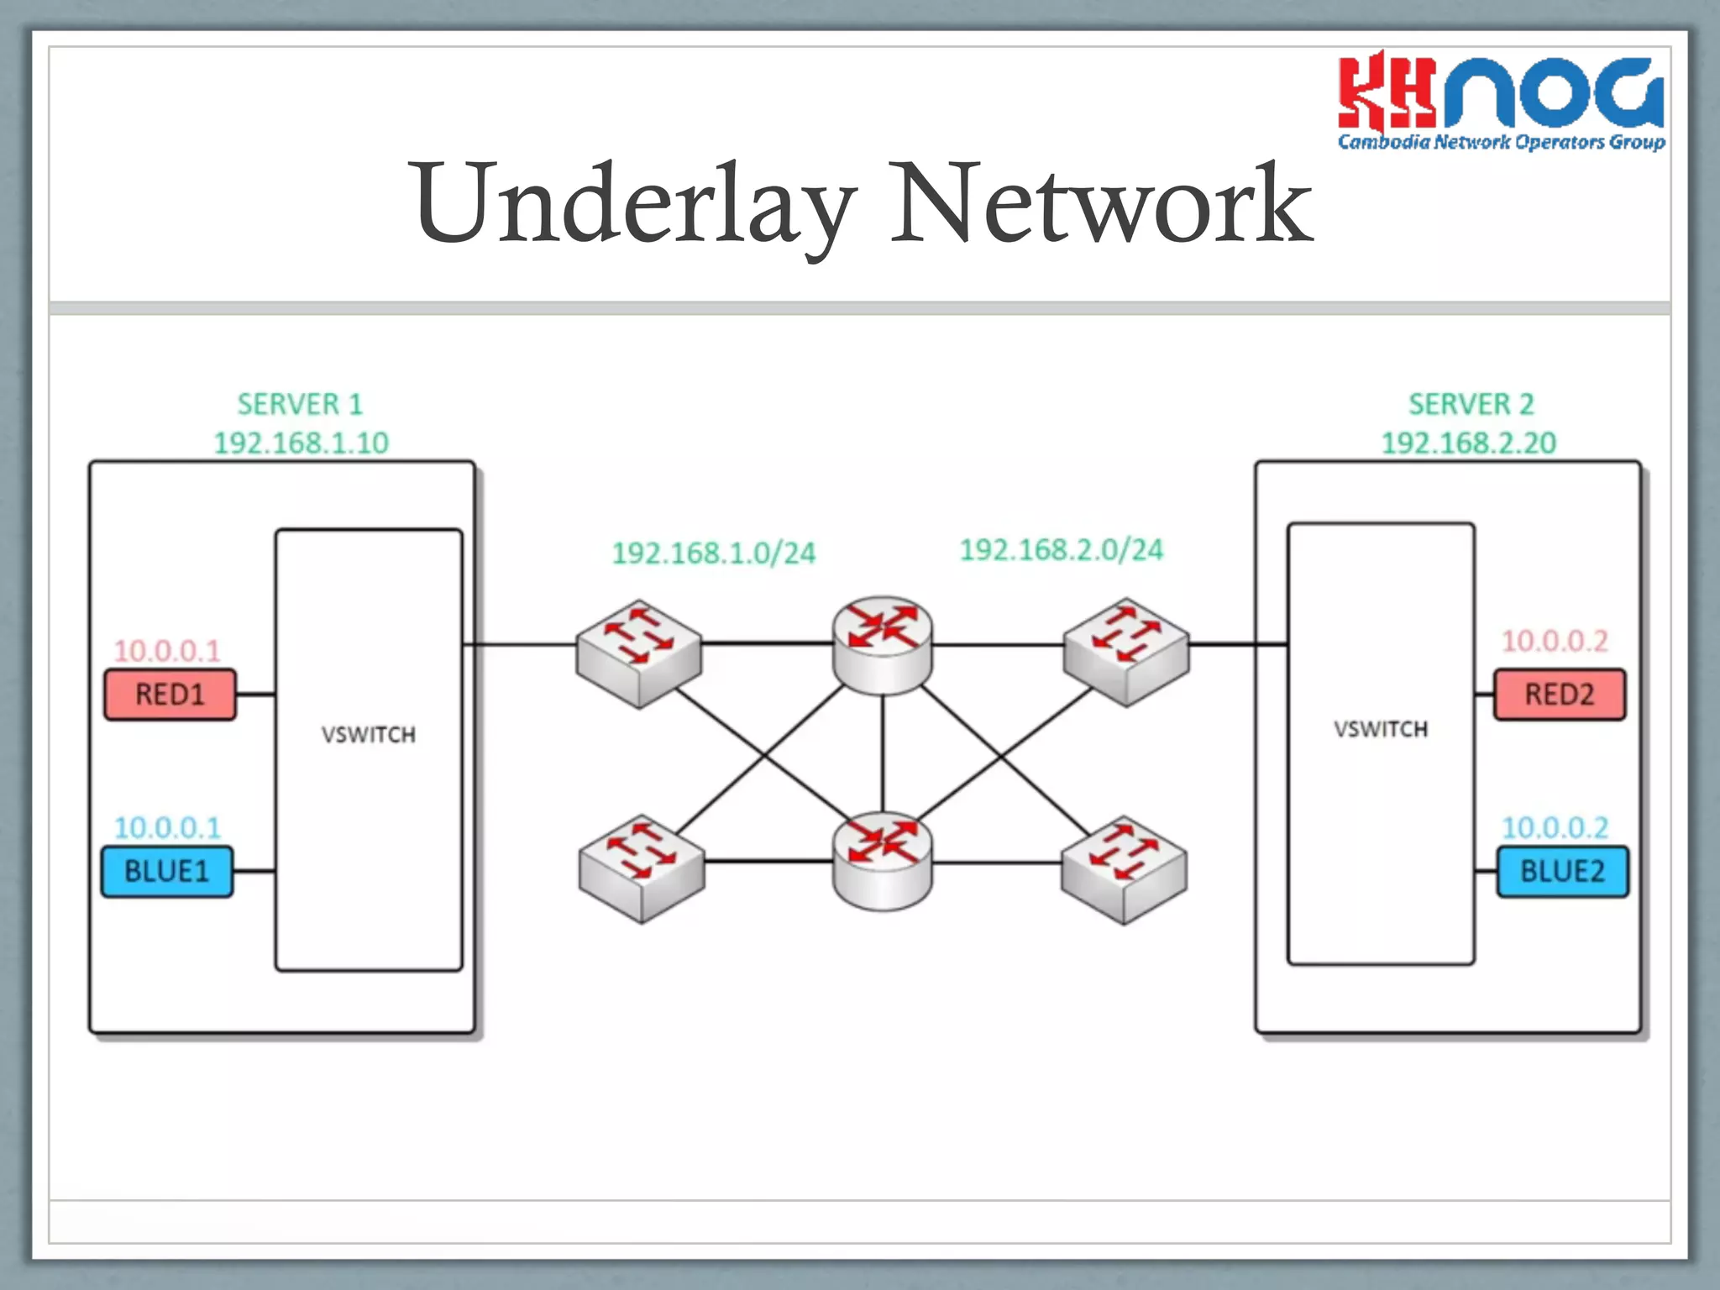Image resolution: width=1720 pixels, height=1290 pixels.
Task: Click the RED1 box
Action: (170, 695)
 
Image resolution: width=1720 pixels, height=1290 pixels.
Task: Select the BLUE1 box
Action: (167, 871)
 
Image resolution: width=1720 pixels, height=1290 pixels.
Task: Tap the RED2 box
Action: (1559, 695)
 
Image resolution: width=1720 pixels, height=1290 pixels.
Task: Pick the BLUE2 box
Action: (1562, 871)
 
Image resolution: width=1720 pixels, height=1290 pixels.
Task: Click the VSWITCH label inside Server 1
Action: (368, 735)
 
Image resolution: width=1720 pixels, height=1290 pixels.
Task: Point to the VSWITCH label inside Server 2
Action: (1381, 729)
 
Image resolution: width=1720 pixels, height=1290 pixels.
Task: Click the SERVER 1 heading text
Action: (300, 404)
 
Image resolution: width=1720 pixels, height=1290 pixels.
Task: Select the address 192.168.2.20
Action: (1469, 443)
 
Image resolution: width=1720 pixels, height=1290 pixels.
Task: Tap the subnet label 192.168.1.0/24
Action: (713, 553)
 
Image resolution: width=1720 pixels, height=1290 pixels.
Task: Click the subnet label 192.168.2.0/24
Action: (1061, 549)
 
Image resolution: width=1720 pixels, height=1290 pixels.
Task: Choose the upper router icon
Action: (882, 645)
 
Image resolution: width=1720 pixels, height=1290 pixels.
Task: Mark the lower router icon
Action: (882, 860)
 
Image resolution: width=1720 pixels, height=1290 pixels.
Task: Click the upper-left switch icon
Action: (638, 653)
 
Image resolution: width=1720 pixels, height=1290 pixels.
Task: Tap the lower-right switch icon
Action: (1124, 868)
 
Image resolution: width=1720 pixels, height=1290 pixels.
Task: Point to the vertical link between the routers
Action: (882, 752)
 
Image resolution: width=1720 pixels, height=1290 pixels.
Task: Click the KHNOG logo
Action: (1500, 101)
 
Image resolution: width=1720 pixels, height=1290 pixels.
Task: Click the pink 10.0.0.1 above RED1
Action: (167, 650)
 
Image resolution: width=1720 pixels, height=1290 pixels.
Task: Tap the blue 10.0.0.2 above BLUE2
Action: (1555, 827)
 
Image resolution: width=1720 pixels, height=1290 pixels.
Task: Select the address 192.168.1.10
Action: (301, 443)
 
